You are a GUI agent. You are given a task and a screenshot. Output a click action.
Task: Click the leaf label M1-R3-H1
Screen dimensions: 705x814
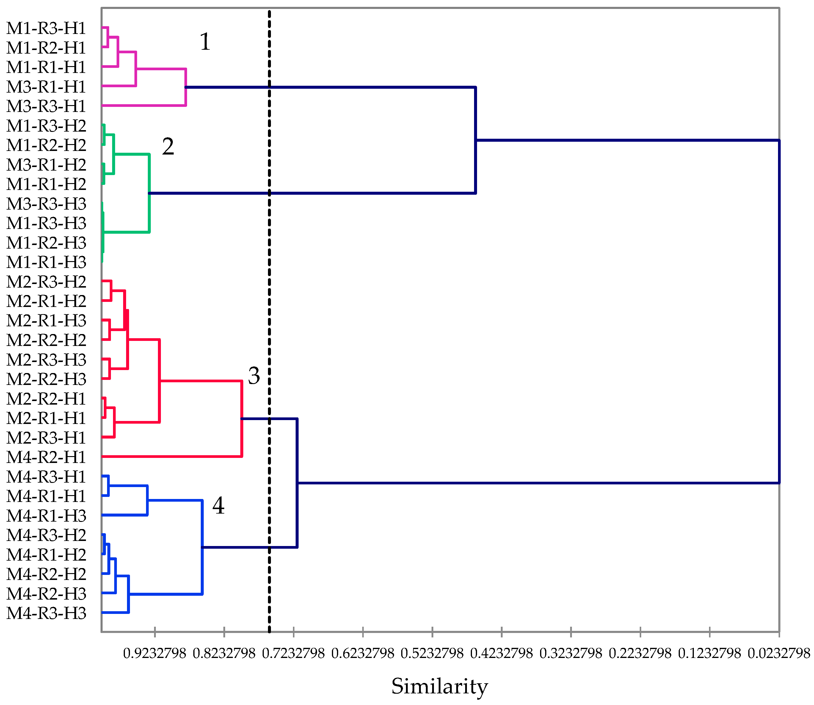46,28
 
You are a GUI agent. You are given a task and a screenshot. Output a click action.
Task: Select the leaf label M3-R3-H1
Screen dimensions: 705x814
46,106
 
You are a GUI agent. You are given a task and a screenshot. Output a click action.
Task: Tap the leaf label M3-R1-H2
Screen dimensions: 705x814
46,165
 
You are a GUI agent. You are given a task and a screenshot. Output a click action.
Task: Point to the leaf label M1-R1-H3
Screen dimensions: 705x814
46,262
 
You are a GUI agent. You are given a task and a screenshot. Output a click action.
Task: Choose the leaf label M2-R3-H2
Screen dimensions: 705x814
46,282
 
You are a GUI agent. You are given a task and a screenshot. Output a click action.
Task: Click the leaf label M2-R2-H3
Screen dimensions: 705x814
46,379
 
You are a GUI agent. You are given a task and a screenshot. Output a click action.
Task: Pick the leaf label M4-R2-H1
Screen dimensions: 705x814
46,457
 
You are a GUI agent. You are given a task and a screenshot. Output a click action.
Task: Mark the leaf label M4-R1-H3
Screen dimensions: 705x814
46,516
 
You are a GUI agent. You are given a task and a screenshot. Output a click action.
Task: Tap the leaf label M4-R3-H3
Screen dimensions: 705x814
46,613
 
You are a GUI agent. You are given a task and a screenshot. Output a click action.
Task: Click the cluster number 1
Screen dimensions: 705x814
205,42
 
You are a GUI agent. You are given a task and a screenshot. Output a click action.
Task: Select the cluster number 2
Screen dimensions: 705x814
168,147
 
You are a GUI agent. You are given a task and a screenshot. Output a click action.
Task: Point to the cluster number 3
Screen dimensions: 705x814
254,376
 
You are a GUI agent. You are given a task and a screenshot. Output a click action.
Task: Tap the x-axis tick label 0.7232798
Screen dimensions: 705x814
293,653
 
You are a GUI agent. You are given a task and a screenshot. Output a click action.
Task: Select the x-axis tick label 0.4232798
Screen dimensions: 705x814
501,653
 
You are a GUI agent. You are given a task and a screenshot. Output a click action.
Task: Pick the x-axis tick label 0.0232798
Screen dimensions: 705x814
779,653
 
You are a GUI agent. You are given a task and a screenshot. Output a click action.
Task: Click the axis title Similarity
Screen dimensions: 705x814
440,687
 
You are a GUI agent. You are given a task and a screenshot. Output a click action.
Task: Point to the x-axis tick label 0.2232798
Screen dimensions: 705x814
640,653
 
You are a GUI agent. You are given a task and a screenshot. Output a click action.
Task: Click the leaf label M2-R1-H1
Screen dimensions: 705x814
46,418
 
